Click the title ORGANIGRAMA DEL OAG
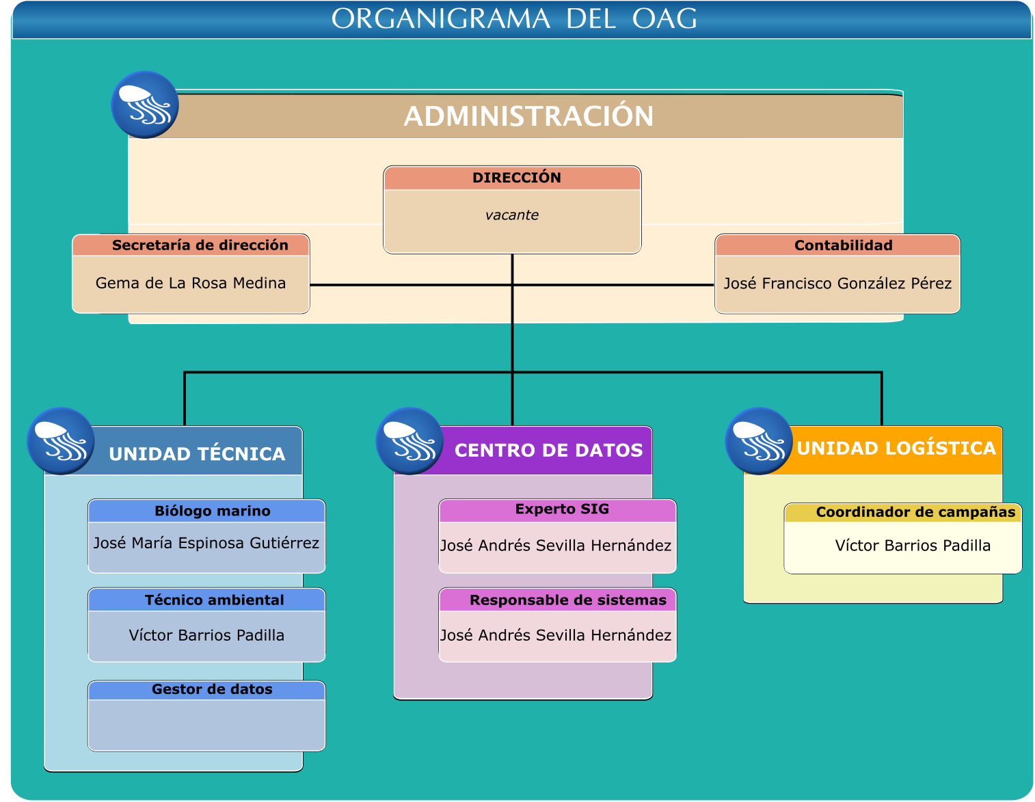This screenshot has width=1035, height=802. pyautogui.click(x=513, y=18)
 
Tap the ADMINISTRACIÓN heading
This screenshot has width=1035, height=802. pyautogui.click(x=528, y=116)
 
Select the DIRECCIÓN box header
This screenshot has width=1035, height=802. pyautogui.click(x=516, y=177)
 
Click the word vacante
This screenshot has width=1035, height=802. pyautogui.click(x=511, y=215)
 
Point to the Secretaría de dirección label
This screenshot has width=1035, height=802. pyautogui.click(x=200, y=245)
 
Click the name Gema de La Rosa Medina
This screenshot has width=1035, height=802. pyautogui.click(x=191, y=283)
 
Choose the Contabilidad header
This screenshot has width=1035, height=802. pyautogui.click(x=843, y=245)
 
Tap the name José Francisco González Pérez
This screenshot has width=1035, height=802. pyautogui.click(x=837, y=283)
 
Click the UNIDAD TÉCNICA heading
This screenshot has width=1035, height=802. pyautogui.click(x=197, y=453)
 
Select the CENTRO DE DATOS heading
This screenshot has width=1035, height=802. pyautogui.click(x=548, y=450)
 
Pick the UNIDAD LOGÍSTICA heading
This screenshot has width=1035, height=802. pyautogui.click(x=896, y=448)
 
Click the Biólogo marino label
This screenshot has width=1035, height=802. pyautogui.click(x=212, y=511)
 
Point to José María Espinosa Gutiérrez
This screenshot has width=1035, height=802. pyautogui.click(x=206, y=542)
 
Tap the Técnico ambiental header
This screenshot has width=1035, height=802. pyautogui.click(x=214, y=600)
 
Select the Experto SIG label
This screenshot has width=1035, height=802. pyautogui.click(x=561, y=509)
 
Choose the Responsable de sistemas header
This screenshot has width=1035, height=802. pyautogui.click(x=567, y=600)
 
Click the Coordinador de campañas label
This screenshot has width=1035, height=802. pyautogui.click(x=915, y=511)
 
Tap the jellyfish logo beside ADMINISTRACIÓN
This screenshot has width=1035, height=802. pyautogui.click(x=145, y=105)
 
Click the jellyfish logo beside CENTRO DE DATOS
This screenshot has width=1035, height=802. pyautogui.click(x=409, y=440)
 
